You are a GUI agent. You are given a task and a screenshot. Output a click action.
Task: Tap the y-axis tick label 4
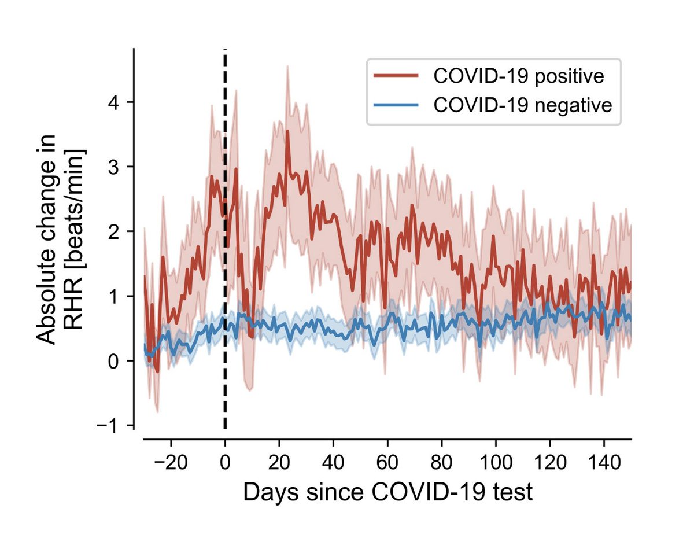point(115,103)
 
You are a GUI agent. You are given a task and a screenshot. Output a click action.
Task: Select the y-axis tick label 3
point(115,167)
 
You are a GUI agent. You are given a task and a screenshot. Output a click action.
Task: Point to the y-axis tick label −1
point(110,426)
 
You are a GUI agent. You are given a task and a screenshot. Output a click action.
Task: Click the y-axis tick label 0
point(115,361)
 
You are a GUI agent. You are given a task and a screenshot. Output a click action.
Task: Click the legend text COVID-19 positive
point(519,76)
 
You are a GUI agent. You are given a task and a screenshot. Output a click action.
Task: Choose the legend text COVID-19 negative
point(523,106)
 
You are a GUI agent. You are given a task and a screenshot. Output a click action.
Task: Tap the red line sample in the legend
point(395,76)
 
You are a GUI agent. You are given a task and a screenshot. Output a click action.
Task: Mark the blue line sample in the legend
point(395,105)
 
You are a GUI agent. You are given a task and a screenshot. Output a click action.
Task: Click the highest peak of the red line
point(287,131)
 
